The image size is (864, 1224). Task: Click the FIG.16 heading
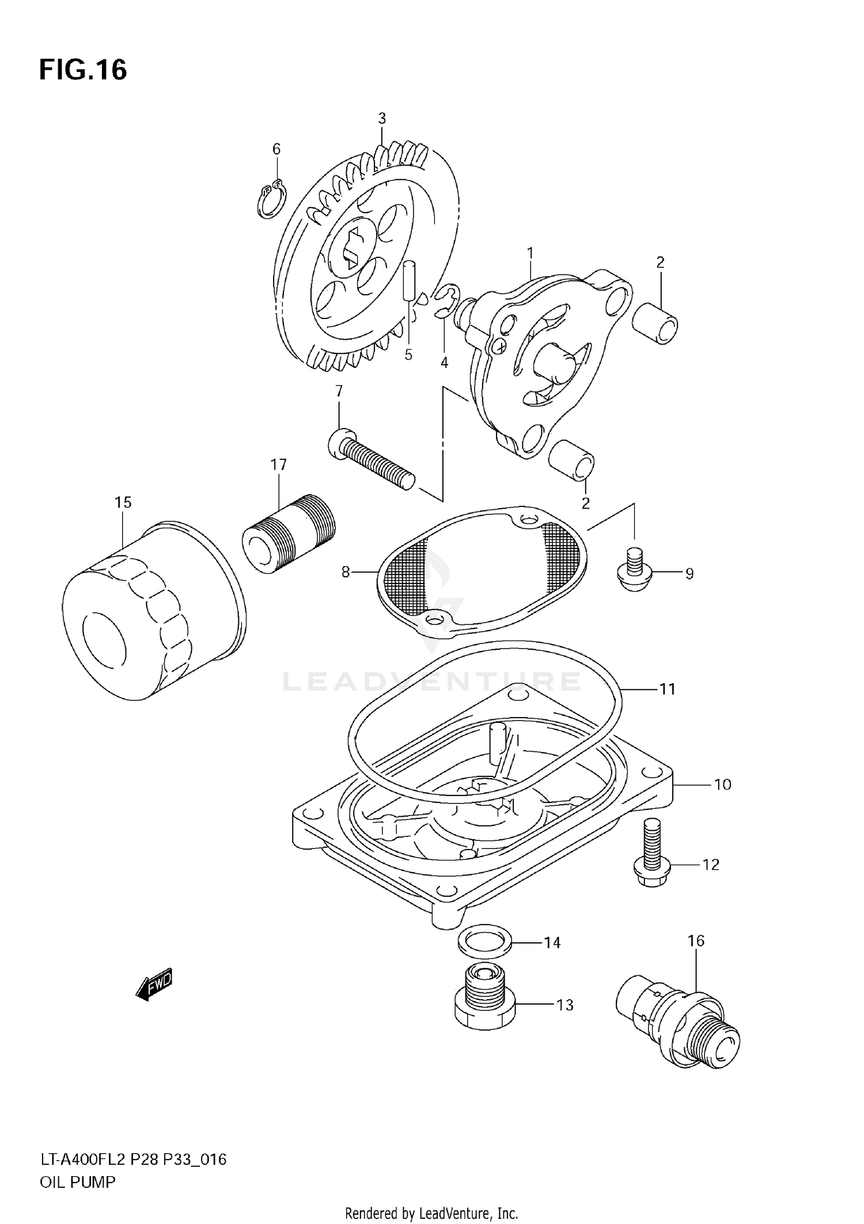(83, 70)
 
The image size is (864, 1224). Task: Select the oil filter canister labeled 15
(153, 611)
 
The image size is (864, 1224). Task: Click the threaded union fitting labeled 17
(288, 533)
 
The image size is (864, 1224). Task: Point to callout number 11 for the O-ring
(667, 689)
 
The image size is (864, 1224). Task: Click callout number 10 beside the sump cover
(722, 785)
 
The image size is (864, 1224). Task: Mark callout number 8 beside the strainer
(346, 573)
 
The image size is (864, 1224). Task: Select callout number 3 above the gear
(382, 119)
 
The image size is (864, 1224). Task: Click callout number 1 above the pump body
(530, 253)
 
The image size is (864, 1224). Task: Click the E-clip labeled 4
(448, 300)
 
